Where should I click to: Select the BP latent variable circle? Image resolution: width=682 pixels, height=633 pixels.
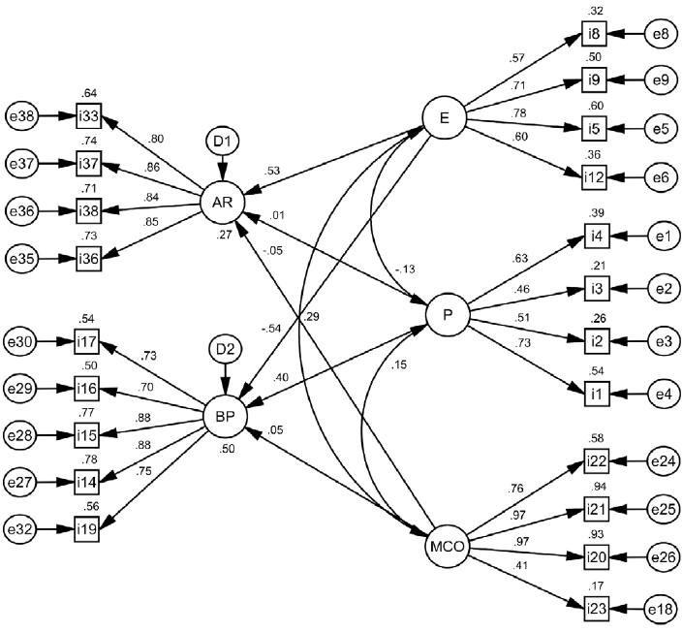coord(225,418)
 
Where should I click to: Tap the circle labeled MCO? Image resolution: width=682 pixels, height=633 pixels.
coord(448,548)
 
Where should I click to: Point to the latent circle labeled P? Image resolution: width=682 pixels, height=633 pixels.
coord(448,315)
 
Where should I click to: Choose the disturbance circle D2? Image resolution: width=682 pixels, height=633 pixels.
coord(225,348)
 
